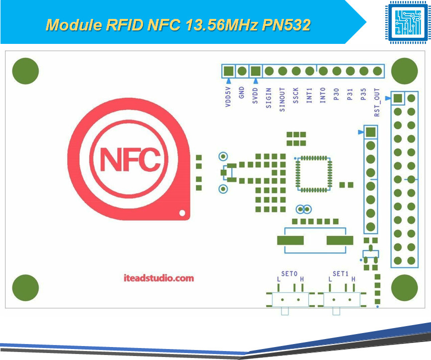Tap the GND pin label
click(x=242, y=92)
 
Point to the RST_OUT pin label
click(x=377, y=102)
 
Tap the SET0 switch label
click(x=289, y=274)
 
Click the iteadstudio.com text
click(x=158, y=278)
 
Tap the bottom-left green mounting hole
click(x=25, y=288)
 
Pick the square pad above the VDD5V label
click(x=229, y=71)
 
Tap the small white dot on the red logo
click(x=182, y=213)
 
